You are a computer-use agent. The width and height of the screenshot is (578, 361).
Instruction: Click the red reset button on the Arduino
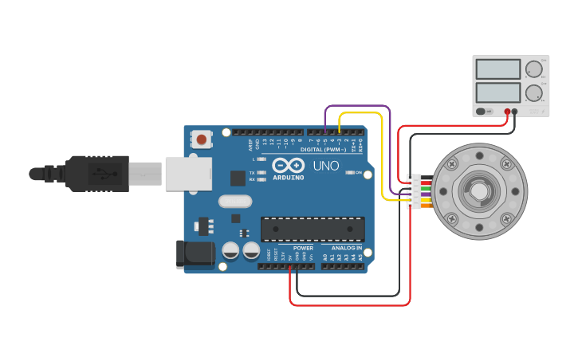(x=202, y=140)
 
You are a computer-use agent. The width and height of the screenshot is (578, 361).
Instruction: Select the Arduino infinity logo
(x=287, y=165)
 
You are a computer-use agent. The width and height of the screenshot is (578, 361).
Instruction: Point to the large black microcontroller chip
(x=313, y=229)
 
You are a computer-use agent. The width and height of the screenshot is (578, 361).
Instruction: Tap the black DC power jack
(x=195, y=254)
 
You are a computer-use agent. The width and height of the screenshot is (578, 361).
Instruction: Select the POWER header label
(x=303, y=248)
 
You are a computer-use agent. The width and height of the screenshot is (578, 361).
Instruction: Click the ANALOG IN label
(x=347, y=248)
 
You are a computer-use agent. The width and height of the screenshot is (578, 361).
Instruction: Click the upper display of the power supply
(x=497, y=69)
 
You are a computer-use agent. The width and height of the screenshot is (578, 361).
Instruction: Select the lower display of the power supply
(x=497, y=92)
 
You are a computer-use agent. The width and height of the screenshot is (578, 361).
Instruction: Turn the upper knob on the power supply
(x=533, y=69)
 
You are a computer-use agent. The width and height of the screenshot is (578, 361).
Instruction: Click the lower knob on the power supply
(x=533, y=92)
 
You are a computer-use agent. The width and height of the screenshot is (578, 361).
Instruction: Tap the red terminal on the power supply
(x=506, y=112)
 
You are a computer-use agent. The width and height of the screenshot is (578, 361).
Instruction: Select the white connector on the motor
(x=415, y=192)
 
